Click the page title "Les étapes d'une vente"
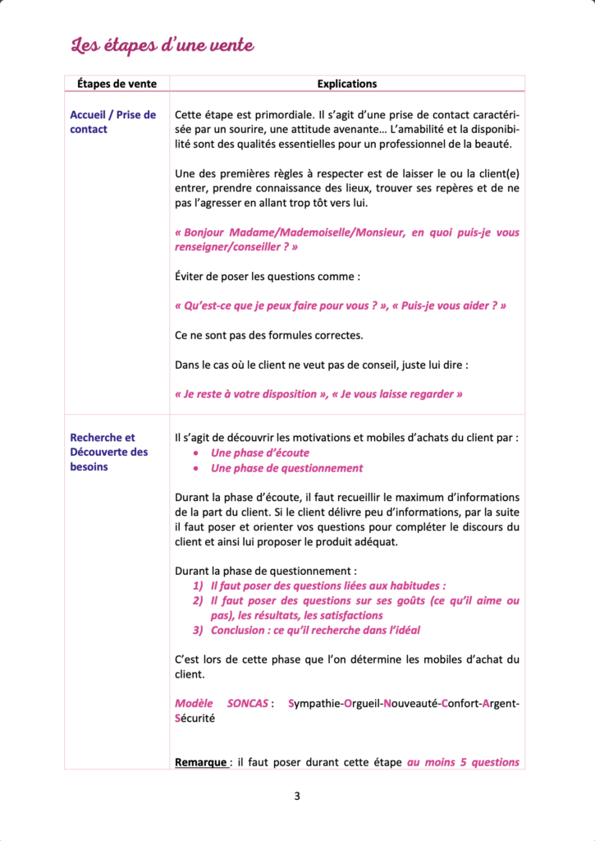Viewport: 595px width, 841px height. [162, 46]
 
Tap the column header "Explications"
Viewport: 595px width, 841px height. [347, 84]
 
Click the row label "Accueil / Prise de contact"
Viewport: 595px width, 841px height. [112, 122]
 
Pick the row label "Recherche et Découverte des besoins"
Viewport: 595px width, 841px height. [109, 452]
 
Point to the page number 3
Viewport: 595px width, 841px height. [297, 796]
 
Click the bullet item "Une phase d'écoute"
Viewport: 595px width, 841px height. [260, 453]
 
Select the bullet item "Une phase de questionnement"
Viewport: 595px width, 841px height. [286, 468]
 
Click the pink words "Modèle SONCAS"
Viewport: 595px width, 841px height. [222, 703]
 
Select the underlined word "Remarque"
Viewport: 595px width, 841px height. [201, 762]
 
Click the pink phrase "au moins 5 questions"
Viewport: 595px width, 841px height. [463, 762]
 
